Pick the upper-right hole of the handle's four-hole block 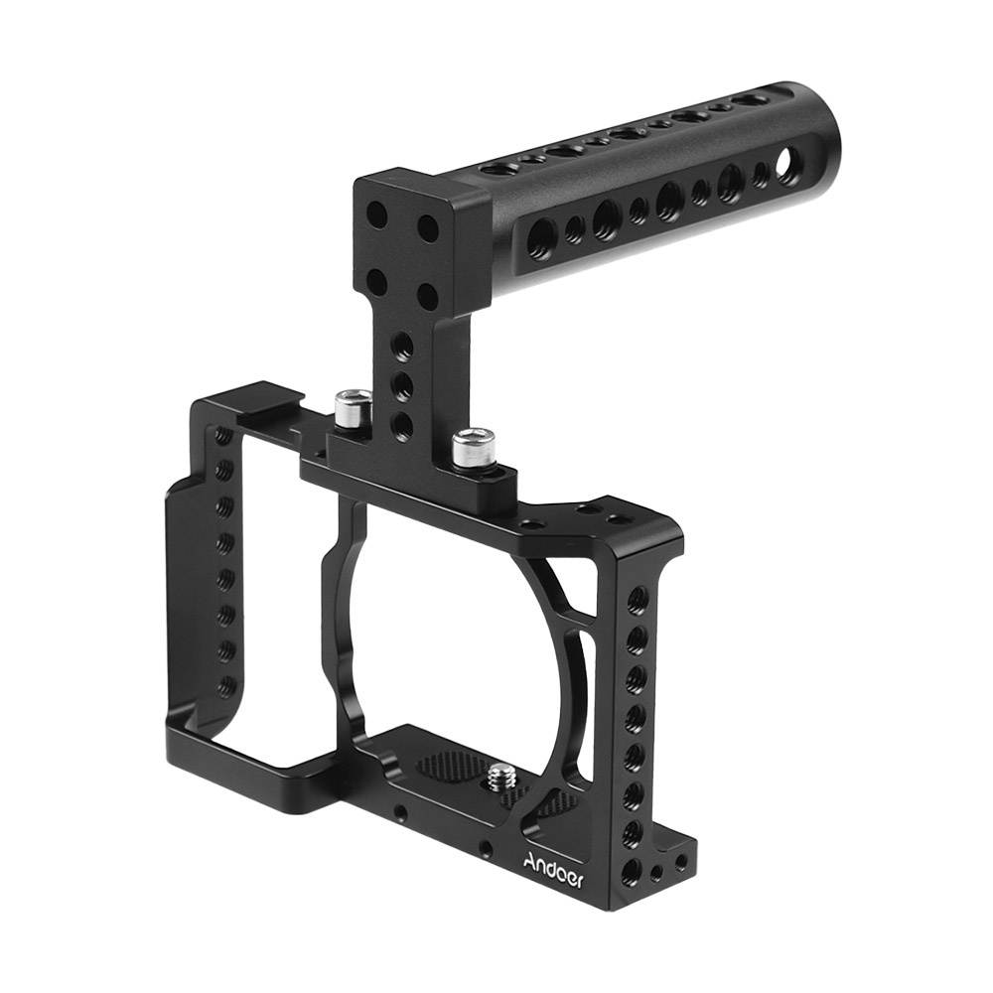pos(428,228)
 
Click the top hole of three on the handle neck pos(403,346)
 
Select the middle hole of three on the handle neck pos(403,385)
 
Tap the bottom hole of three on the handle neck pos(403,425)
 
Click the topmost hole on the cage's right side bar pos(637,599)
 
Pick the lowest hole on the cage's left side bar pos(227,685)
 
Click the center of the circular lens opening pos(452,636)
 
